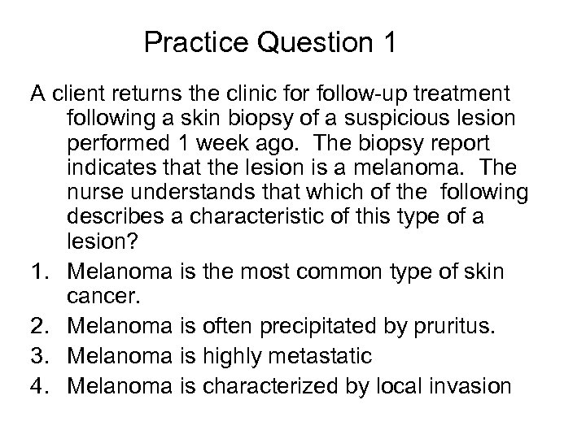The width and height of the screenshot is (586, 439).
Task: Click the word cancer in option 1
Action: point(98,298)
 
